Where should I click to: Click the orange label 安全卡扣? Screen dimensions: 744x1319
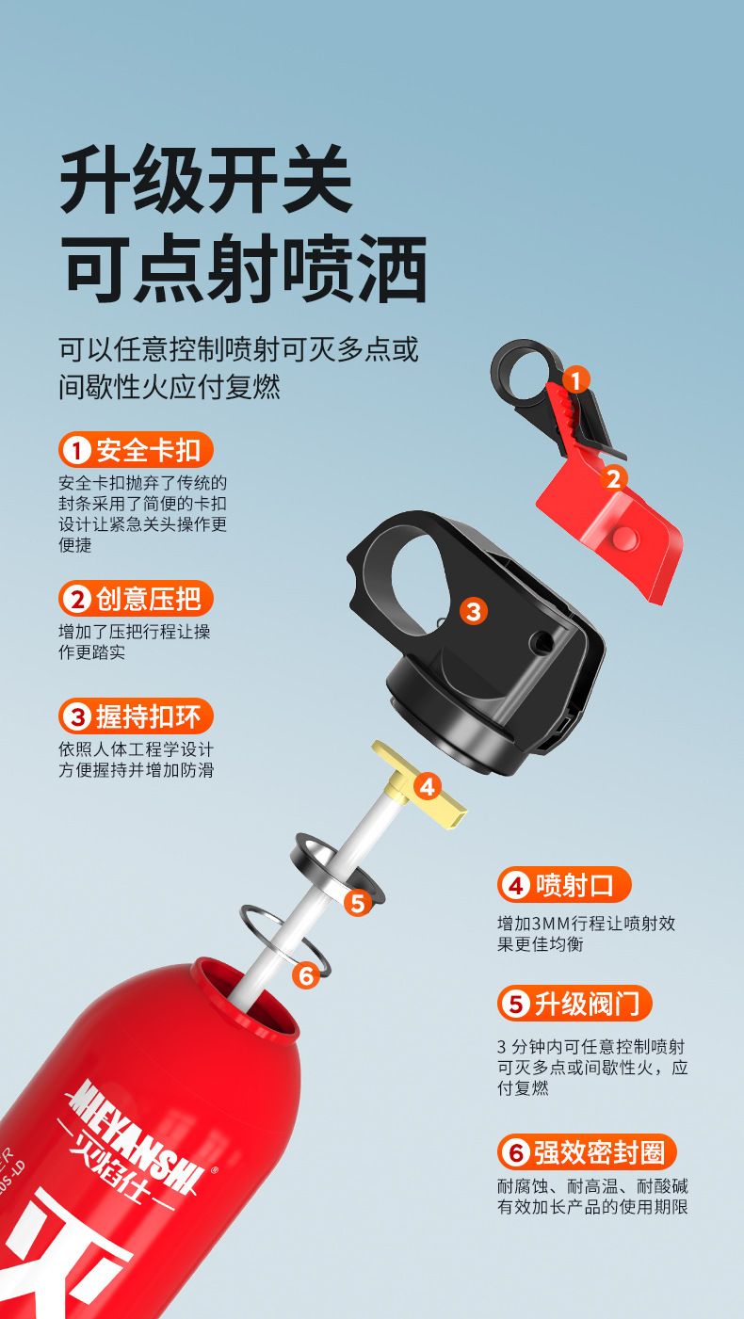click(x=136, y=450)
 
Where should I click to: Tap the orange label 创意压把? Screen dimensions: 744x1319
click(x=136, y=599)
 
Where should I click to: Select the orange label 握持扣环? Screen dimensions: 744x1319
click(x=136, y=716)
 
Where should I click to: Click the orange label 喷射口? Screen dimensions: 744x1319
click(x=564, y=884)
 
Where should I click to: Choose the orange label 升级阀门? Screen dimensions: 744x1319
click(x=574, y=1003)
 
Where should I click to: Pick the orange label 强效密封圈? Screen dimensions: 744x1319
click(x=586, y=1151)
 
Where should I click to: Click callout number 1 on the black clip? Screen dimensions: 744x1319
click(x=575, y=379)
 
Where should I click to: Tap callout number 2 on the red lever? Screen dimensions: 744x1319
click(x=613, y=478)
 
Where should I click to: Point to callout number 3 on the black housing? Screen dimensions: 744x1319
click(x=474, y=611)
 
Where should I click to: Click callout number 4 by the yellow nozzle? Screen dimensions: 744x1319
click(x=427, y=787)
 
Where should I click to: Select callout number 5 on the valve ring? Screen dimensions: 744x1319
click(x=358, y=902)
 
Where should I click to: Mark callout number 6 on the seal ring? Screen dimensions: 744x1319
click(x=306, y=976)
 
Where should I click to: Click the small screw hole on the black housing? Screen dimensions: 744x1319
click(x=540, y=641)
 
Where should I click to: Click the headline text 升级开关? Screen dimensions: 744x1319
click(x=206, y=179)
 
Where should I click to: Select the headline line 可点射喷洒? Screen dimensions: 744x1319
click(x=245, y=268)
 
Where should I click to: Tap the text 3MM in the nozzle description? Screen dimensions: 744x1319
click(x=545, y=924)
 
